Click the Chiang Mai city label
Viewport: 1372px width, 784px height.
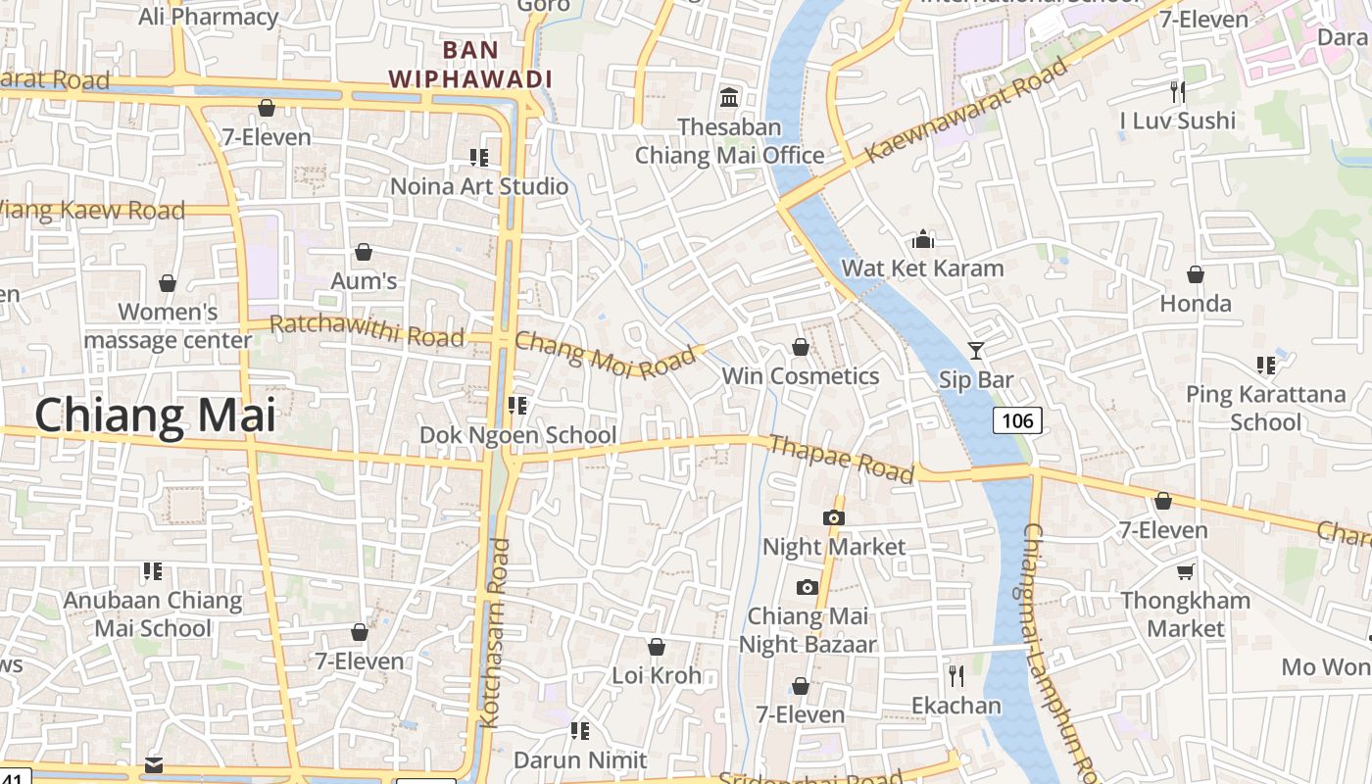[155, 416]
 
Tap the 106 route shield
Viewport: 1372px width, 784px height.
[1017, 420]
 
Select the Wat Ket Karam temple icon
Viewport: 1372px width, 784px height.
[923, 240]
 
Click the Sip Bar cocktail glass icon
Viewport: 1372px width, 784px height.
[975, 350]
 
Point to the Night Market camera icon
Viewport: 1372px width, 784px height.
[834, 518]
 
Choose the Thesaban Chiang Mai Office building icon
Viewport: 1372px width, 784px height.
[729, 98]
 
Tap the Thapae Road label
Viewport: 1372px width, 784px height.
[841, 459]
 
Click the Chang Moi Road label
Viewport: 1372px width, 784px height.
[604, 354]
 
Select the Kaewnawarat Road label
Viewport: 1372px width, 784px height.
[966, 110]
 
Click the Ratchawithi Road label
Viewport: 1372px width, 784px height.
[367, 330]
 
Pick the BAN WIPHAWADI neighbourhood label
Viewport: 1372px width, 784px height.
[470, 64]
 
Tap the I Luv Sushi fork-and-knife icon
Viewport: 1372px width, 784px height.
[1178, 92]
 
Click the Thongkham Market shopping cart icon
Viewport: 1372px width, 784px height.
[1186, 571]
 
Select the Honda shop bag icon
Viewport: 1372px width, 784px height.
[1195, 274]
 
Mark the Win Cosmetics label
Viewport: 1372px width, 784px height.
[801, 376]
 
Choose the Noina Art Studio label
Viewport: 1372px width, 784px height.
[479, 186]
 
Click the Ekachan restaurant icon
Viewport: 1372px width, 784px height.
[956, 675]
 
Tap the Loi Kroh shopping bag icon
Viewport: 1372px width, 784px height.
[657, 647]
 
